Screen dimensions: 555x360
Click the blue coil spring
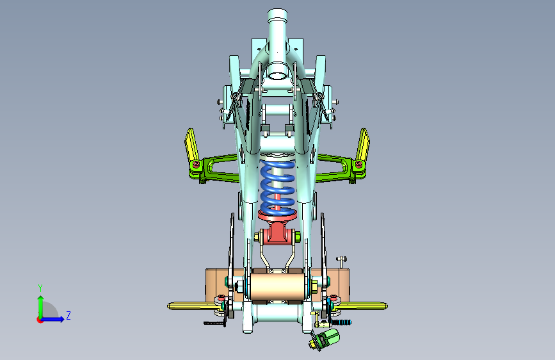(x=278, y=188)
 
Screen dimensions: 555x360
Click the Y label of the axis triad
(x=40, y=288)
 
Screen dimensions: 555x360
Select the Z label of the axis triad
(x=68, y=315)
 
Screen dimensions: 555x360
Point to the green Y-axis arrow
(x=41, y=307)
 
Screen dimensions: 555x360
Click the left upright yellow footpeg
(x=191, y=144)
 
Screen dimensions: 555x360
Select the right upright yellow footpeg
(x=363, y=144)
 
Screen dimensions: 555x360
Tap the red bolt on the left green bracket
(x=196, y=165)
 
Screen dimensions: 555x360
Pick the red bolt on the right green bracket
(x=358, y=164)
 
